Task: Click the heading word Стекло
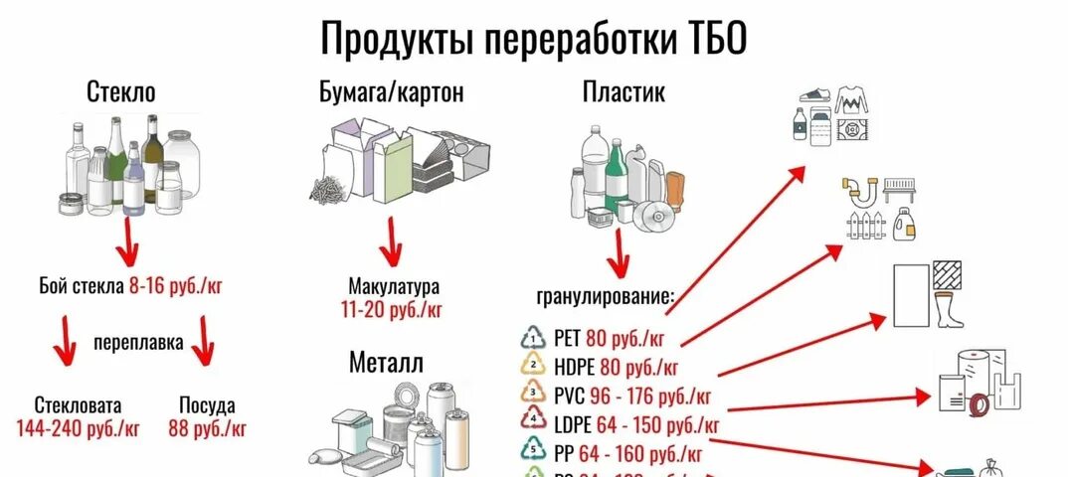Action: click(121, 94)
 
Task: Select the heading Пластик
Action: click(623, 93)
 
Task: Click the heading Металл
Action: click(386, 363)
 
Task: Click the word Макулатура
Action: click(393, 287)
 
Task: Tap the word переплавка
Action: click(138, 344)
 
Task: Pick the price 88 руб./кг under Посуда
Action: click(207, 428)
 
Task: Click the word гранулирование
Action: click(606, 296)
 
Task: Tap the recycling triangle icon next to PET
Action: click(535, 337)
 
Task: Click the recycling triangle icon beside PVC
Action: click(535, 393)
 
